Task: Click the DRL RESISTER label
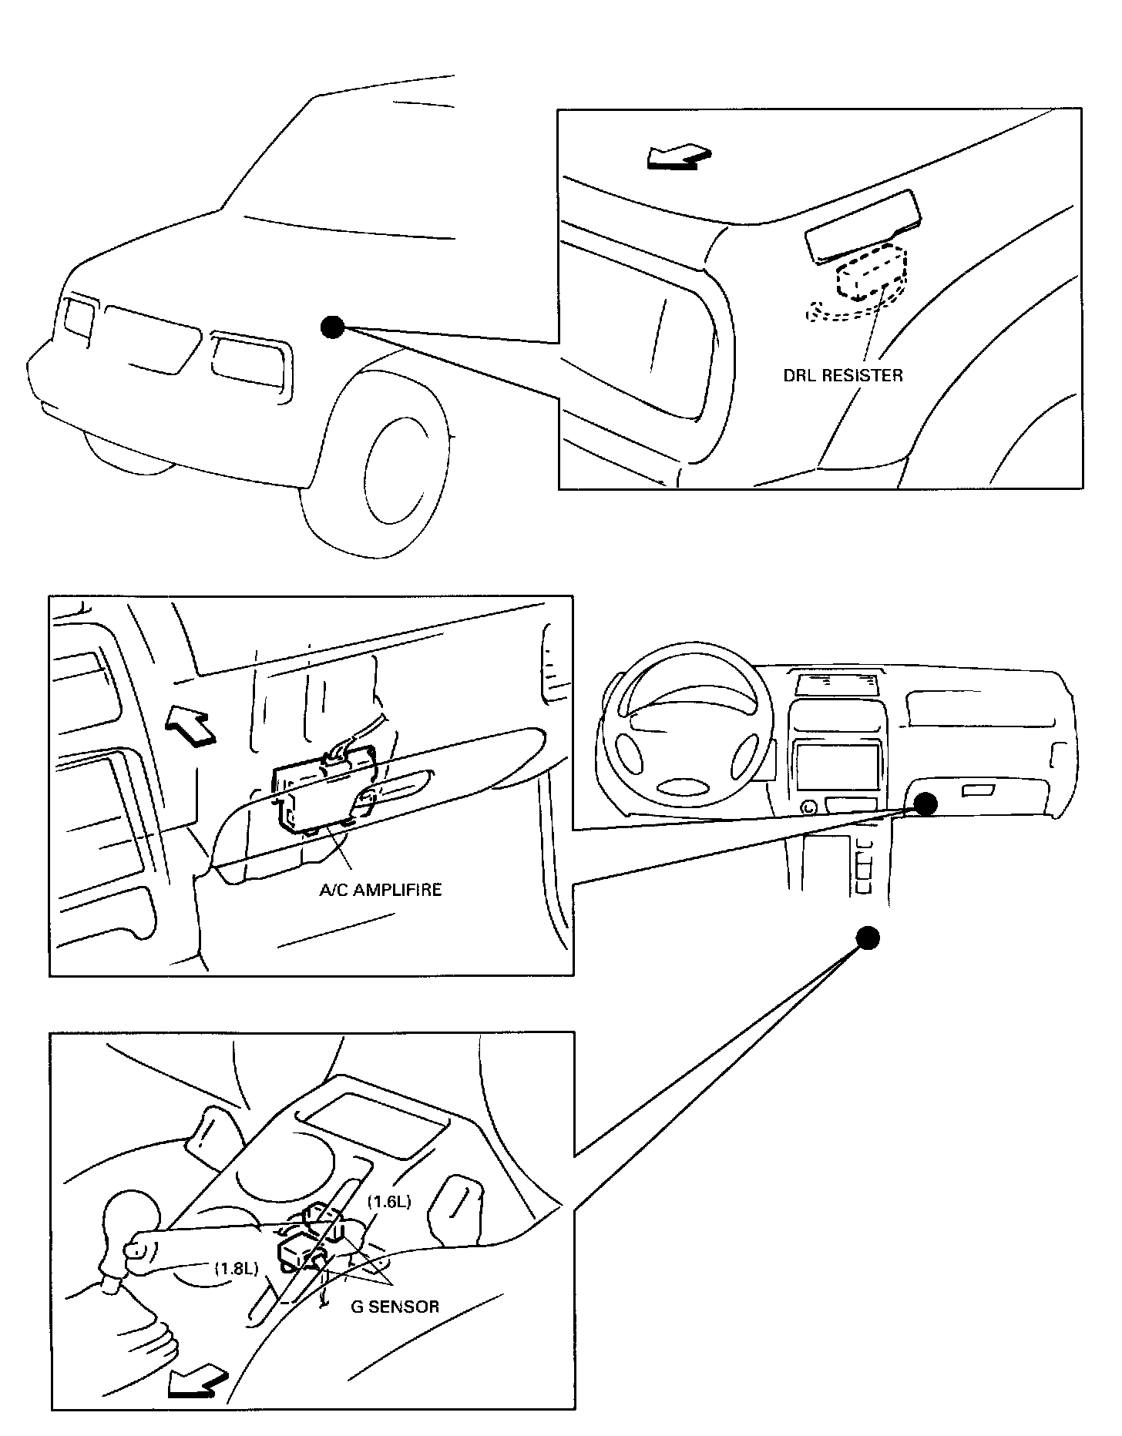[x=842, y=376]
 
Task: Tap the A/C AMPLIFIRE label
[x=381, y=890]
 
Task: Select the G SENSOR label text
[x=395, y=1306]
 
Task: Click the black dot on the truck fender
[x=332, y=327]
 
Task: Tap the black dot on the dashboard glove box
[x=925, y=804]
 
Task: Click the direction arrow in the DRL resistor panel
[x=677, y=156]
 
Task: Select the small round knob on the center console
[x=809, y=808]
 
